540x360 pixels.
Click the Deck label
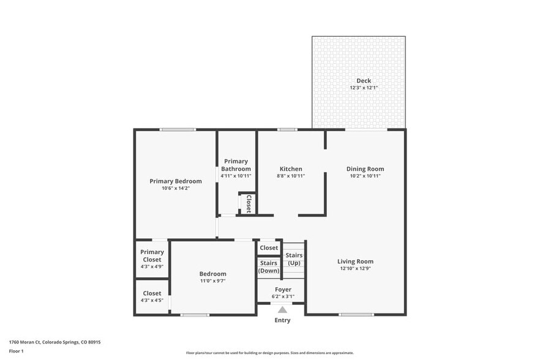click(x=364, y=81)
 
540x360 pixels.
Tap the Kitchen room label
click(x=291, y=169)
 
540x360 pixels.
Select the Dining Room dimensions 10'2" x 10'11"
click(x=365, y=176)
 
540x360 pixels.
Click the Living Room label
click(x=355, y=261)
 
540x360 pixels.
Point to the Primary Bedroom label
click(x=176, y=181)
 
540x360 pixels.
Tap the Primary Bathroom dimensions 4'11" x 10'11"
click(x=236, y=176)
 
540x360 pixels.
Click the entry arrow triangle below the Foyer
click(x=282, y=310)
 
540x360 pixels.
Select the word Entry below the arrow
click(x=282, y=320)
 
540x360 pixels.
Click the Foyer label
click(x=283, y=290)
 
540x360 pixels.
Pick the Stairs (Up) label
click(x=294, y=259)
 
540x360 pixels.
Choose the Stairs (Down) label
click(x=269, y=267)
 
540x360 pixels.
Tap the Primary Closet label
click(x=152, y=256)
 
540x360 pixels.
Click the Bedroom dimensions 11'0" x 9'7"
click(x=212, y=281)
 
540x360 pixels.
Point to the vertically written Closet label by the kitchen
click(x=249, y=204)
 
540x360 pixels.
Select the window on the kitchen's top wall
click(x=287, y=129)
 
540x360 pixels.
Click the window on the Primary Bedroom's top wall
click(x=178, y=129)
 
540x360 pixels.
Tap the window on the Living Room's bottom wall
click(x=356, y=315)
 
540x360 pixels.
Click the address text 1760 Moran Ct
click(x=29, y=342)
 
